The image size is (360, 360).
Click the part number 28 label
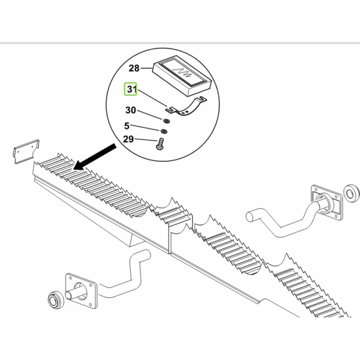[134, 68]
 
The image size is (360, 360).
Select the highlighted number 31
[131, 89]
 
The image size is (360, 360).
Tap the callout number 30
[131, 110]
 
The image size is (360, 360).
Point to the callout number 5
[127, 126]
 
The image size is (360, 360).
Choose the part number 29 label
[128, 139]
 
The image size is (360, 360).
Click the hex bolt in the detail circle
[160, 144]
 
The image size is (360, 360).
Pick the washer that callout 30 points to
[166, 121]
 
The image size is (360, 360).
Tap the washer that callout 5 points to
[164, 131]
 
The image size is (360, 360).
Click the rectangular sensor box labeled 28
[182, 76]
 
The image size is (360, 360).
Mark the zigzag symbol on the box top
[182, 73]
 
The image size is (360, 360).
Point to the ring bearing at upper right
[351, 193]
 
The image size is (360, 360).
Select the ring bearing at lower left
[55, 300]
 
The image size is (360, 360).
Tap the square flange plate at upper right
[327, 203]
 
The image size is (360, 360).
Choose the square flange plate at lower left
[82, 291]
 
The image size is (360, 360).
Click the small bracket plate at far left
[26, 152]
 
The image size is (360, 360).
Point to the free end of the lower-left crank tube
[147, 254]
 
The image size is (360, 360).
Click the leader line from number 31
[152, 98]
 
